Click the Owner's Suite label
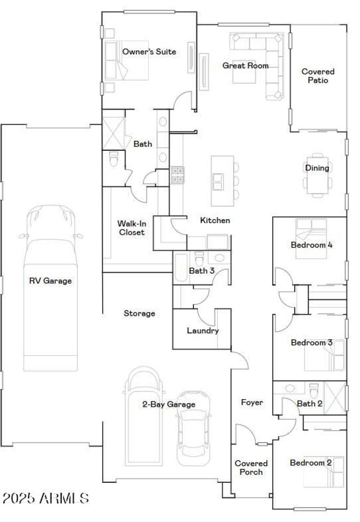pos(149,52)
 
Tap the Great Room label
pos(245,66)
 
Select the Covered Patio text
pos(318,76)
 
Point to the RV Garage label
pos(50,281)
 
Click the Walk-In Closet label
pos(131,228)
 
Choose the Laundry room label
pos(202,331)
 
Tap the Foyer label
pos(252,402)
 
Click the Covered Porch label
pos(251,468)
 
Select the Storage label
pos(139,313)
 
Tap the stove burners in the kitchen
pos(177,175)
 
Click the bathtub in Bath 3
pos(181,268)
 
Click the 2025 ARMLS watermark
pos(45,498)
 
